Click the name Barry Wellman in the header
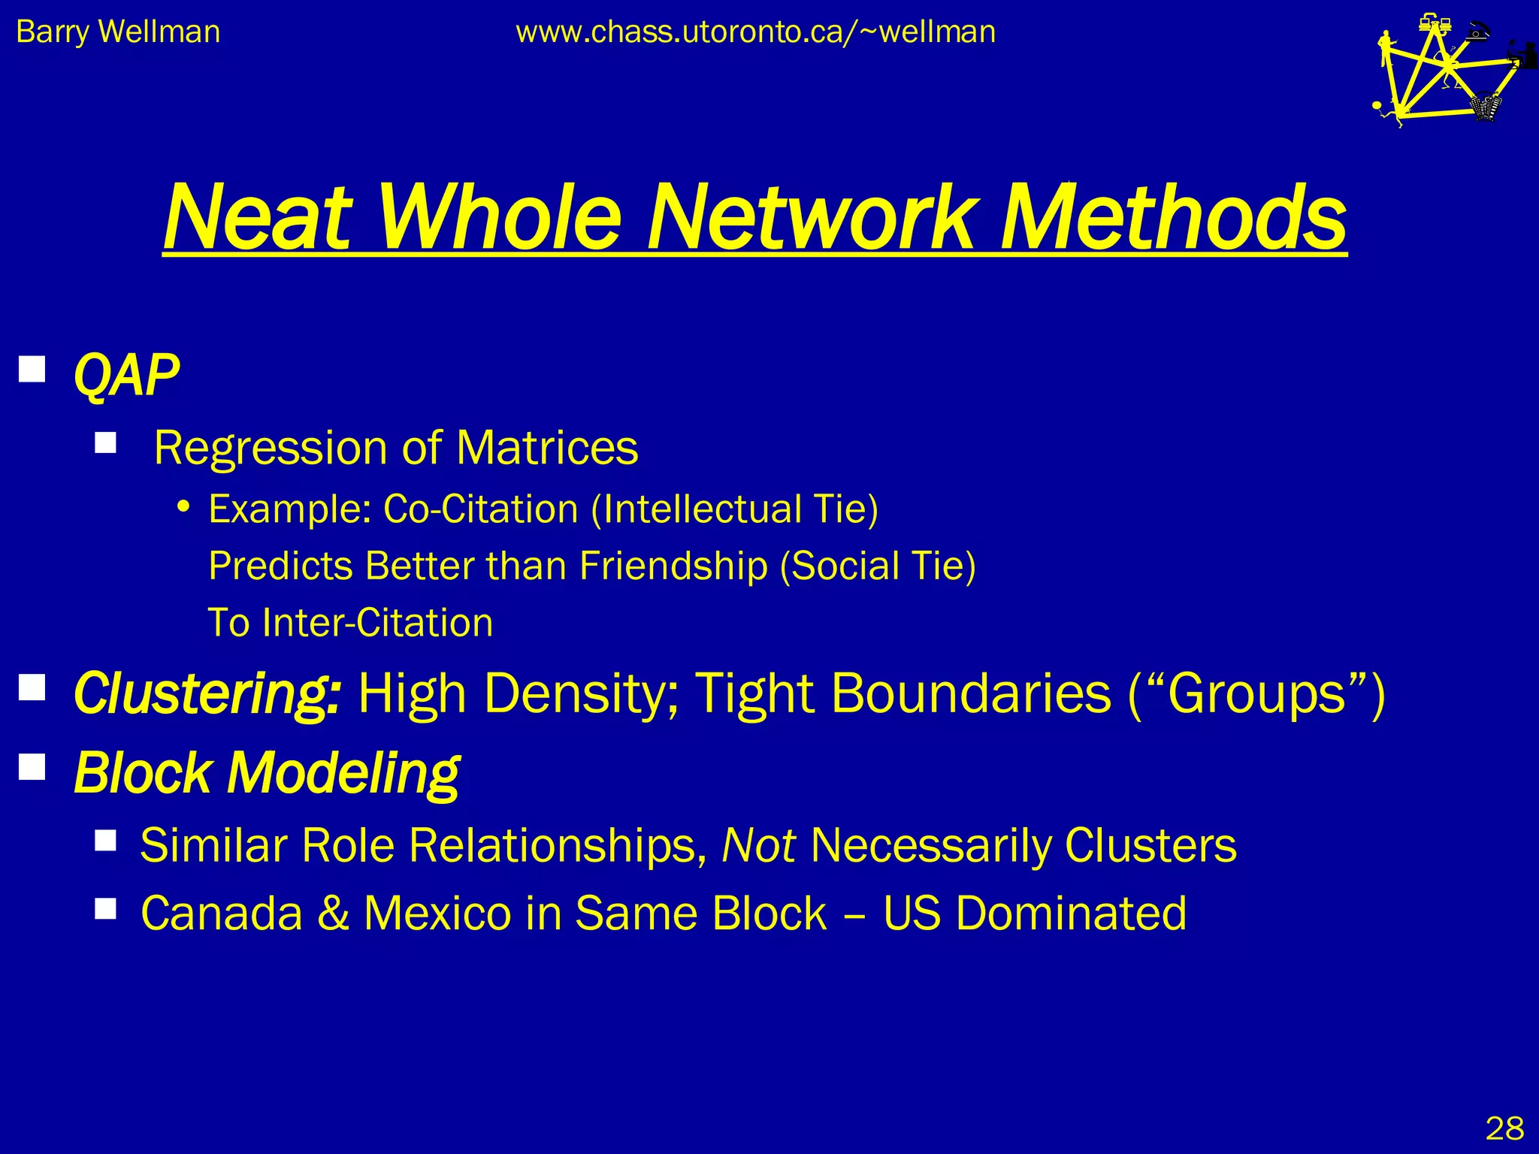118,32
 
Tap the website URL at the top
755,32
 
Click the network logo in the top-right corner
1447,71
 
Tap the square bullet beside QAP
32,369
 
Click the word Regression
269,449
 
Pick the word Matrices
547,448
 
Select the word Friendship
673,566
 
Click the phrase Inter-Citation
377,623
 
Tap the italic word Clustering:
207,693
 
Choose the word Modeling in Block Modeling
343,773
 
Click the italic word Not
758,845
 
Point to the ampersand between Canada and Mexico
333,914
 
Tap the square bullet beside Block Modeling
32,767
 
